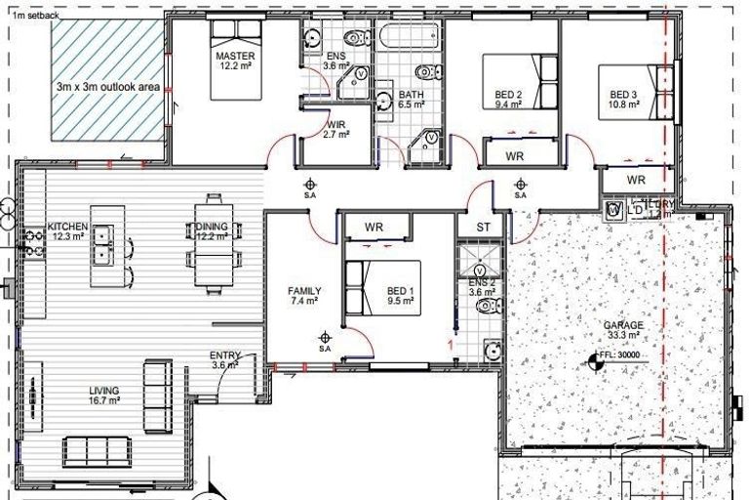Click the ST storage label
click(483, 228)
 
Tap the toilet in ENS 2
click(487, 307)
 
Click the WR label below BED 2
click(515, 155)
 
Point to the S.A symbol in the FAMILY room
click(325, 341)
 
